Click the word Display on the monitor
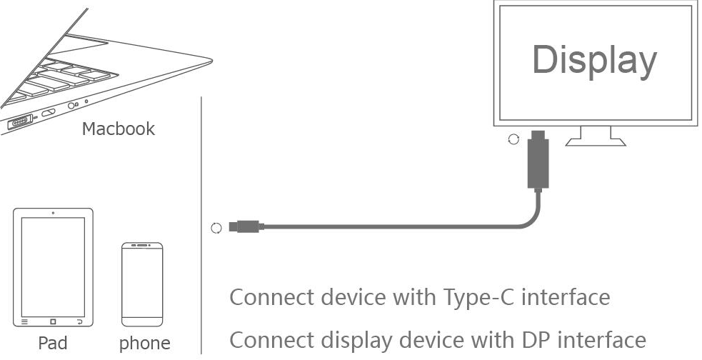click(594, 60)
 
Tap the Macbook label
click(118, 129)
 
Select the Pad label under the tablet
click(54, 343)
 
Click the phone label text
click(144, 343)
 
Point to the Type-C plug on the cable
click(246, 228)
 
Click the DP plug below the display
click(537, 161)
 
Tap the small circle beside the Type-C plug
click(216, 229)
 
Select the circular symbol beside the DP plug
click(513, 139)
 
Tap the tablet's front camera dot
click(53, 213)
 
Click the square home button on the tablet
click(53, 321)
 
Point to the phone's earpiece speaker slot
click(141, 247)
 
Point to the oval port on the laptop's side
click(49, 113)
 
